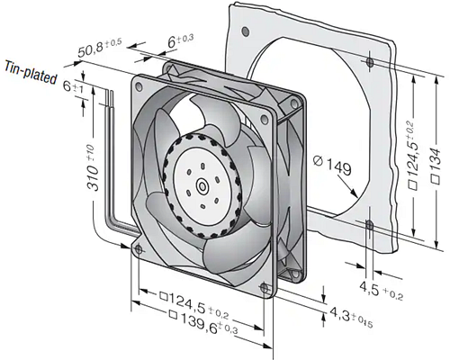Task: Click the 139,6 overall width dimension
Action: tap(194, 313)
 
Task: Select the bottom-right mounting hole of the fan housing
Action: tap(263, 287)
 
